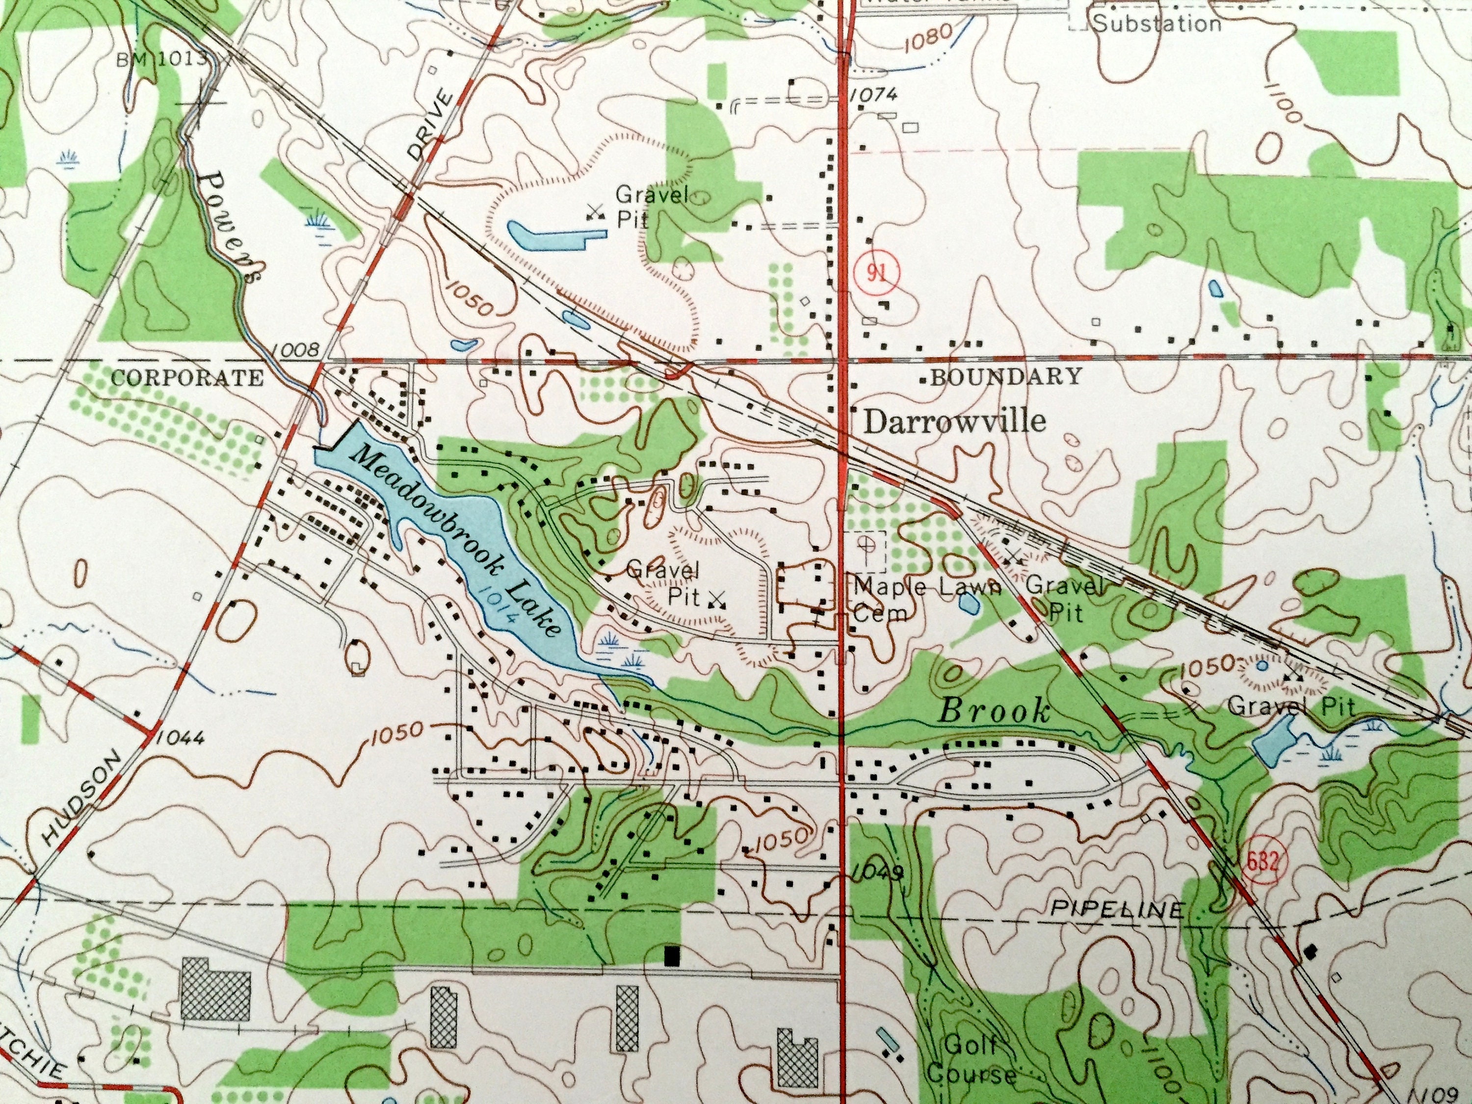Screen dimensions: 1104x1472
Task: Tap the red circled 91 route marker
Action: tap(877, 273)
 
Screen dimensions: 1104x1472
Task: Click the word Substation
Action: tap(1157, 25)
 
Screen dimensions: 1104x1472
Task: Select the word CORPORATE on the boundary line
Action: tap(187, 378)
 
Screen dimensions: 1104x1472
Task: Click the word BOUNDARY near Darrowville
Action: tap(1005, 377)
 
